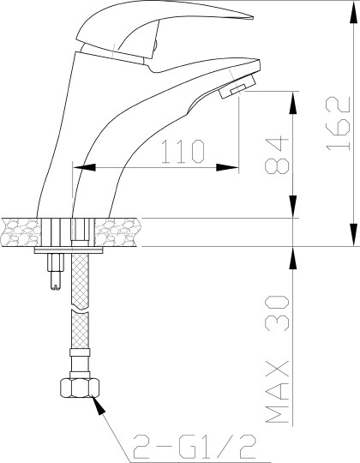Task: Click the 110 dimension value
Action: coord(183,152)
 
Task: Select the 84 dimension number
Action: coord(277,155)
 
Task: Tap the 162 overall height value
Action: coord(339,123)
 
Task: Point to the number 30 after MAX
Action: coord(277,313)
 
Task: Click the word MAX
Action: coord(277,392)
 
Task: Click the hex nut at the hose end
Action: coord(80,388)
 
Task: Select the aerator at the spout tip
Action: coord(237,87)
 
